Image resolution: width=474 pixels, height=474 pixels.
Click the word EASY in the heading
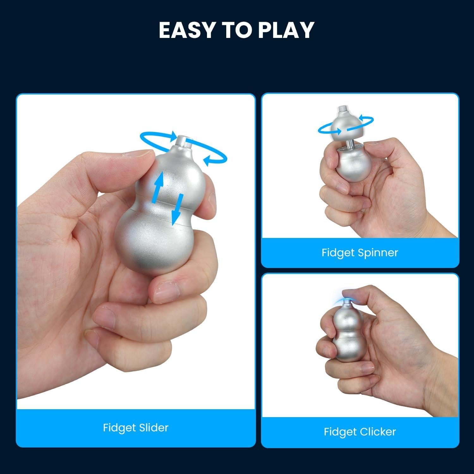tap(183, 30)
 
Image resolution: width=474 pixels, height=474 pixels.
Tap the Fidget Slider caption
tap(136, 428)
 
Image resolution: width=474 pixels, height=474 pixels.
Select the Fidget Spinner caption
tap(360, 252)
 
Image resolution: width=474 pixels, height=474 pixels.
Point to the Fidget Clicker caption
tap(360, 432)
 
